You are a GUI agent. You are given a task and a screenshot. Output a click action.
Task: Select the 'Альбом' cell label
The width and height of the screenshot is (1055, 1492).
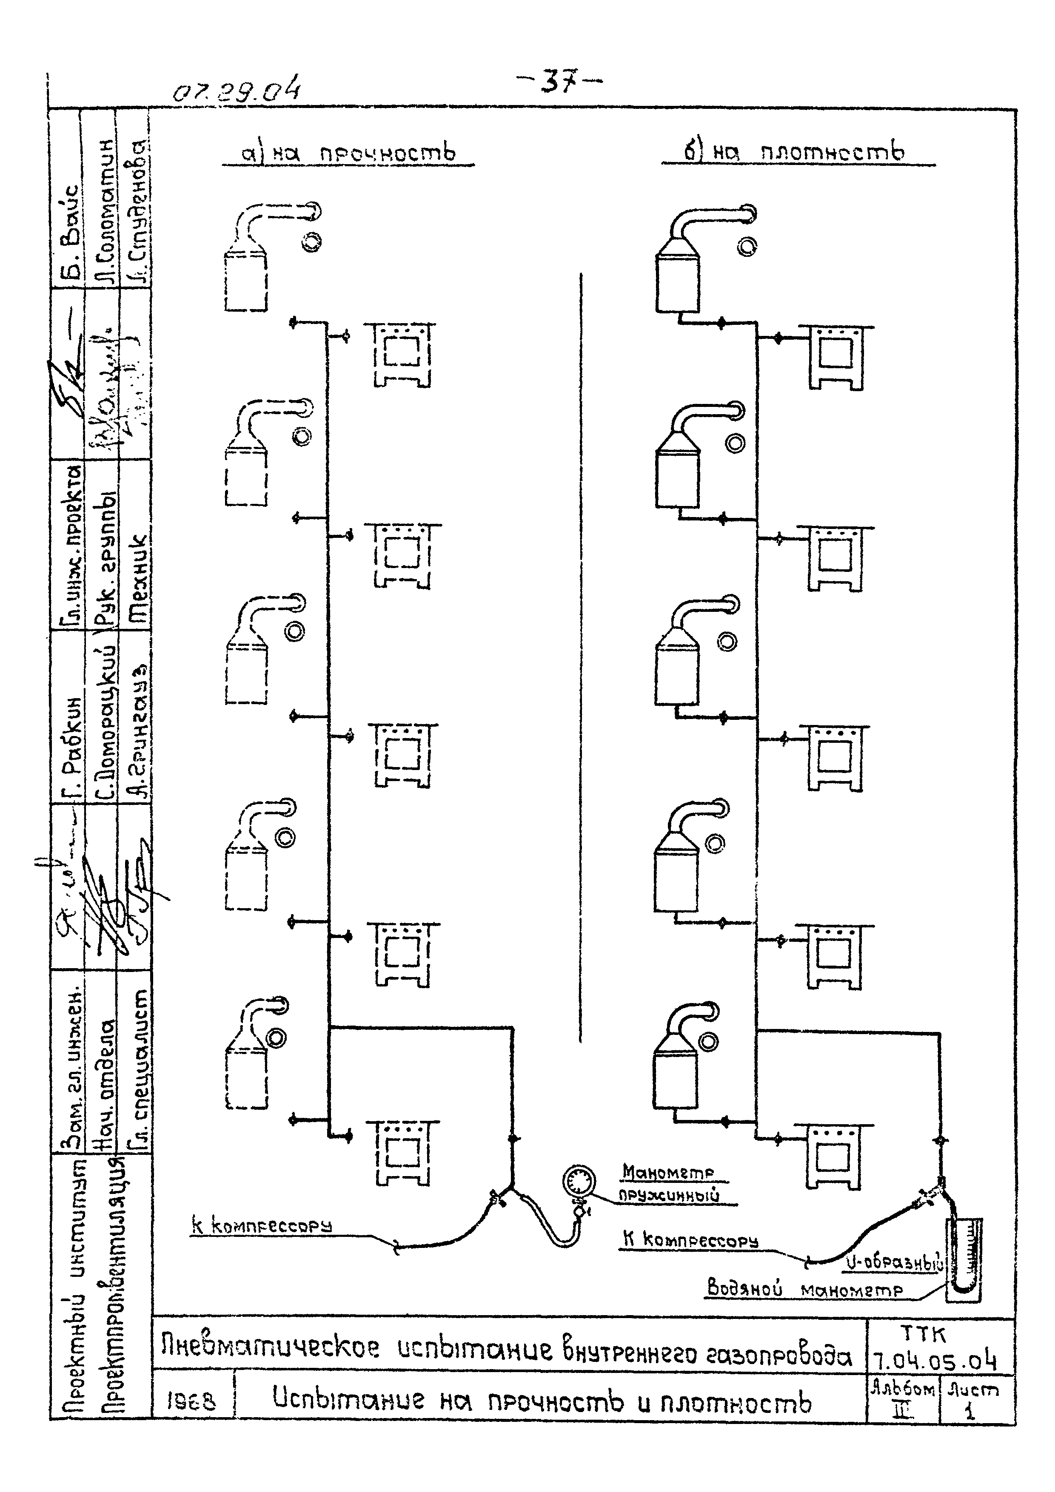902,1390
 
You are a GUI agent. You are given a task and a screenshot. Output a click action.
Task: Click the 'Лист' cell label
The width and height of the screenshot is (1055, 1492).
972,1390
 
